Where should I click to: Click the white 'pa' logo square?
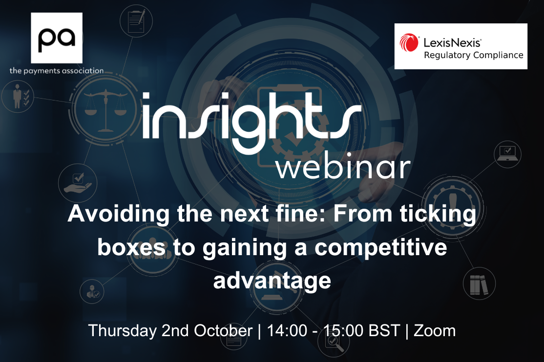(x=57, y=38)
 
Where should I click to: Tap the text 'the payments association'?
(x=57, y=71)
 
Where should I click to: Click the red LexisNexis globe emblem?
(x=409, y=42)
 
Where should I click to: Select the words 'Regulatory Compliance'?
(x=474, y=55)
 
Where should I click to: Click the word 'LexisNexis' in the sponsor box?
(x=452, y=42)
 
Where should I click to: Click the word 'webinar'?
(x=343, y=167)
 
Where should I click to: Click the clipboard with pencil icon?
(x=136, y=21)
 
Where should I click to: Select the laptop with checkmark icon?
(x=507, y=154)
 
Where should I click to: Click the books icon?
(x=479, y=284)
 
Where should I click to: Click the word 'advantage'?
(x=272, y=281)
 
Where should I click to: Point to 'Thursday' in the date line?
(x=123, y=330)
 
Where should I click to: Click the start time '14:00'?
(x=287, y=330)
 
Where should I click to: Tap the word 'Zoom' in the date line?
(x=435, y=330)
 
